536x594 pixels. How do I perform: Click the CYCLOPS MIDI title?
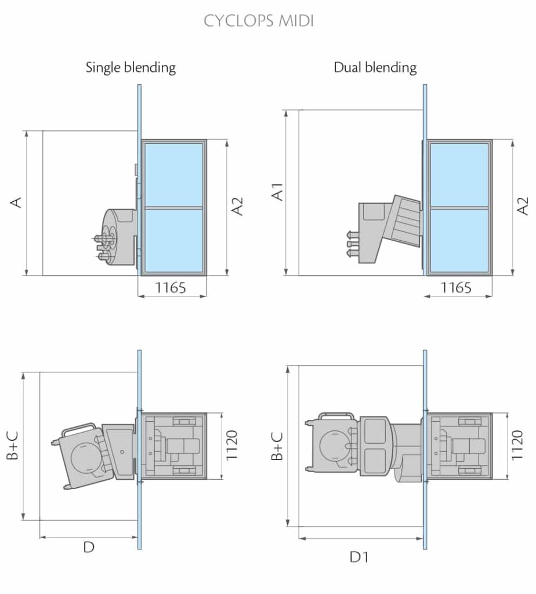259,21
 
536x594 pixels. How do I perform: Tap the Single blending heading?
131,67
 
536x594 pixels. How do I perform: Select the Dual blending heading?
375,67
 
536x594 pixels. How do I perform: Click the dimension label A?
17,202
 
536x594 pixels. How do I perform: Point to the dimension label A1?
278,191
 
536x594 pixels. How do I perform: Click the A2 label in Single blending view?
238,207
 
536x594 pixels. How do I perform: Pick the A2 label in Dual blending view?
523,207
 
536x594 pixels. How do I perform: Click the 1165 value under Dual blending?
456,287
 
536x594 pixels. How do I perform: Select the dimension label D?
88,547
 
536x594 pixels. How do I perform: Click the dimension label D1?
359,557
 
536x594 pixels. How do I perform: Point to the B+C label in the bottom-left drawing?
13,445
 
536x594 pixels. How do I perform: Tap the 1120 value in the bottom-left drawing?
232,445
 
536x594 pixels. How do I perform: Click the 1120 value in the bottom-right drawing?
517,445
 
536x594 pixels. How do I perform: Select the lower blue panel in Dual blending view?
459,239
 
